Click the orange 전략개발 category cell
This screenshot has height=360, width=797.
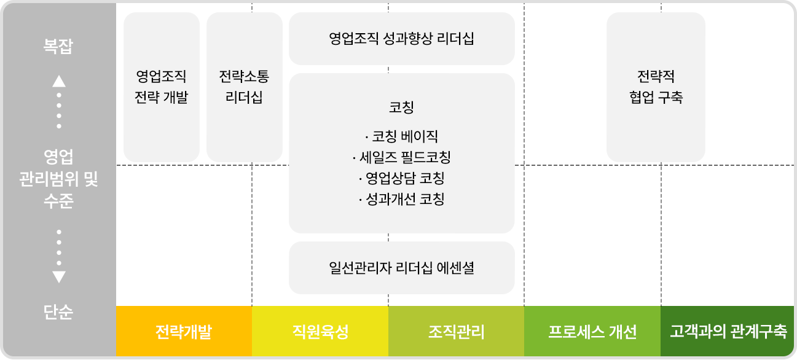click(x=184, y=332)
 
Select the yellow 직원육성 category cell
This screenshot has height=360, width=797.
click(x=320, y=332)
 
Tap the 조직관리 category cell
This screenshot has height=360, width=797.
click(x=456, y=332)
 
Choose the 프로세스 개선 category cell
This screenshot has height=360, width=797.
click(x=592, y=332)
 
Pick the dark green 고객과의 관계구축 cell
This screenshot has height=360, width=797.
click(x=728, y=332)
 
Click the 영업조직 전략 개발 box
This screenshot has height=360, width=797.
click(x=161, y=87)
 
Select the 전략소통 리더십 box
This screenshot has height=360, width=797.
click(x=244, y=87)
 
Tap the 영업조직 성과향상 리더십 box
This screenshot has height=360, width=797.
click(x=401, y=39)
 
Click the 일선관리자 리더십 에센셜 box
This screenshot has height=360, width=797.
click(x=401, y=268)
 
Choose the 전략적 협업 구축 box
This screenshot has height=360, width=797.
click(x=656, y=87)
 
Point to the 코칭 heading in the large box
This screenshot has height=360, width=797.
click(x=401, y=108)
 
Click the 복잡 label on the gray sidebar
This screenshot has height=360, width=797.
click(x=58, y=47)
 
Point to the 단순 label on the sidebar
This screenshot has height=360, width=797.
click(x=58, y=313)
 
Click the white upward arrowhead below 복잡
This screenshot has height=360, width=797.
click(x=59, y=80)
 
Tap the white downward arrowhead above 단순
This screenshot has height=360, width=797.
click(x=59, y=276)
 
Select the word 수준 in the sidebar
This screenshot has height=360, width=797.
click(x=58, y=200)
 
